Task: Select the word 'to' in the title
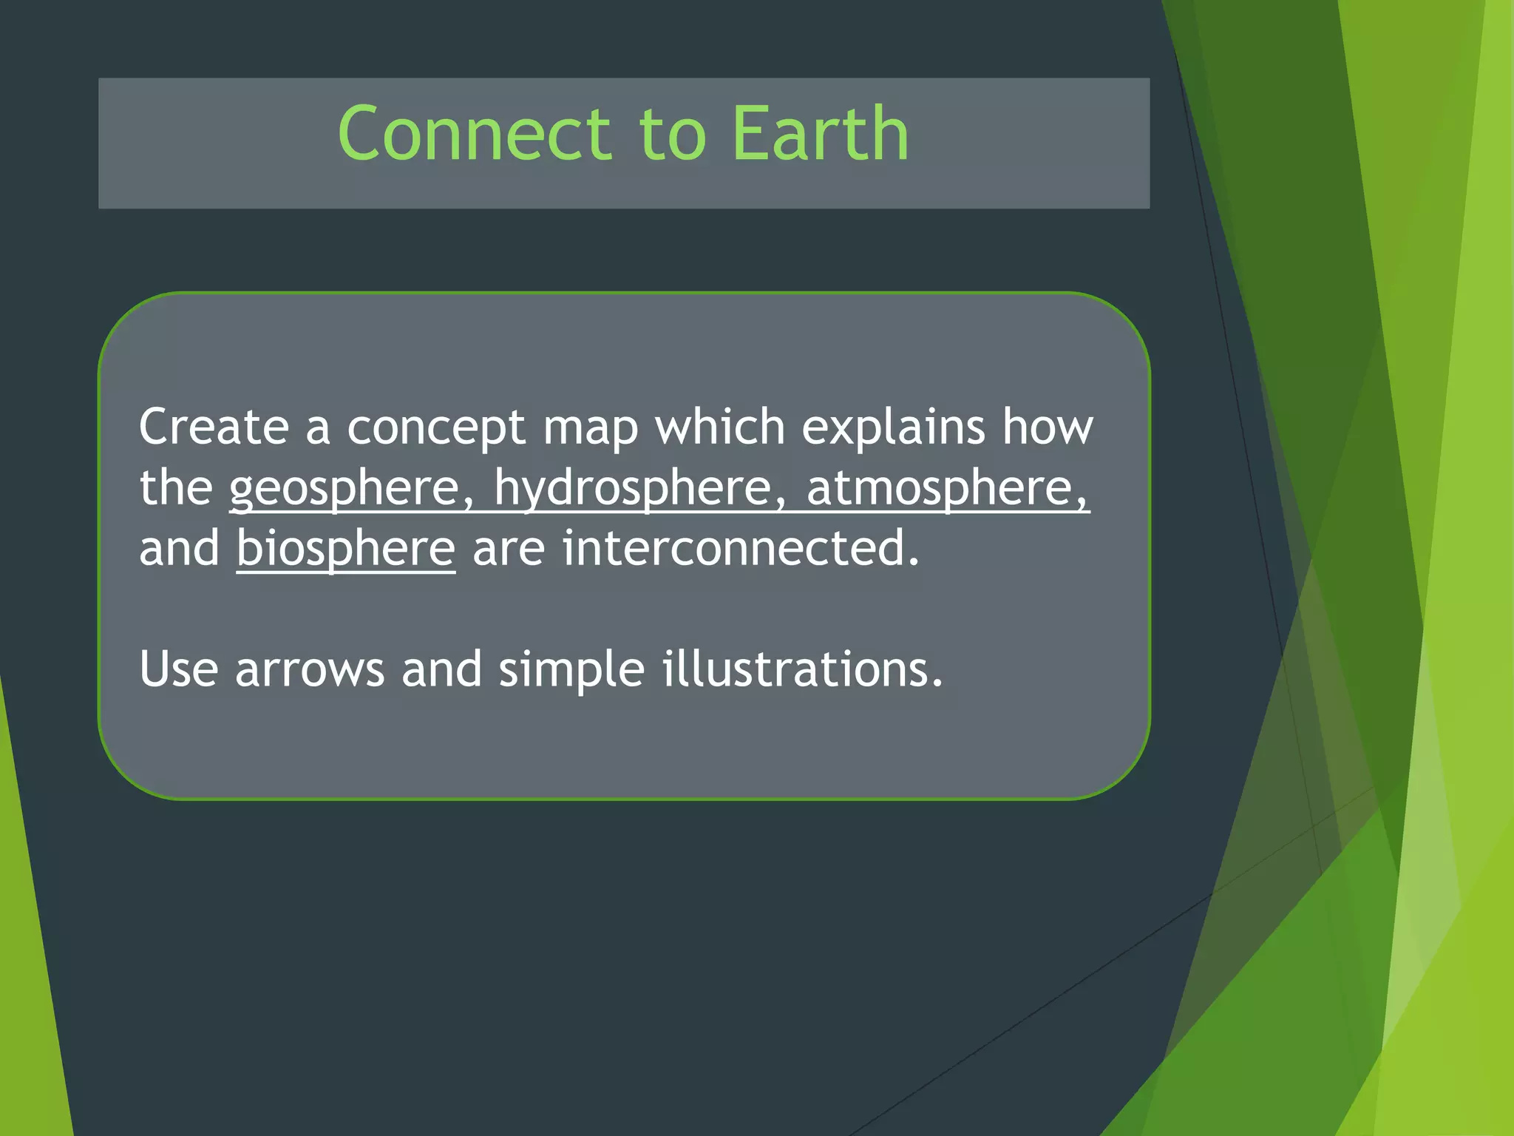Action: (x=671, y=135)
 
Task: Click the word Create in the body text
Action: (x=214, y=427)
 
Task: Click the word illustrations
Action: (x=801, y=669)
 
